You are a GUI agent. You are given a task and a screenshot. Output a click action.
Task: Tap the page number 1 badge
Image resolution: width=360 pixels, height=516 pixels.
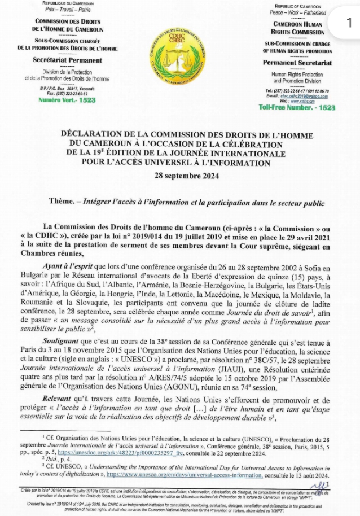[x=349, y=23]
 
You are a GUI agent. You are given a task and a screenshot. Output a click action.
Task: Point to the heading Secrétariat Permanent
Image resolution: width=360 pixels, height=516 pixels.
[x=67, y=60]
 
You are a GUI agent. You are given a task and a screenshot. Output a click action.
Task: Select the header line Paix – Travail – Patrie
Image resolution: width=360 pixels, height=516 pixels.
[x=67, y=10]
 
